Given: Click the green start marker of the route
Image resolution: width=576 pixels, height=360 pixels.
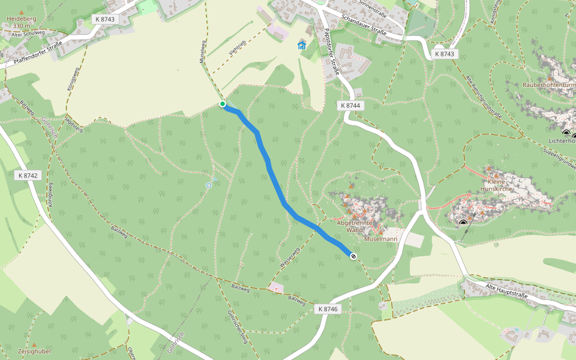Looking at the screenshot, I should point(223,104).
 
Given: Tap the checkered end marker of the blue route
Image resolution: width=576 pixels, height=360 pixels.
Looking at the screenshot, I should point(353,257).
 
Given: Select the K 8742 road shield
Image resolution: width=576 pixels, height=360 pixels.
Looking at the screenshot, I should point(28,176).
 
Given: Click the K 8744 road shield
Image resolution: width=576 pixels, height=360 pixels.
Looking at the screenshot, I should point(351,106).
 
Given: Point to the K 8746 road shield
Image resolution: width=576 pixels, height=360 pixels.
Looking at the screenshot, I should point(328,308).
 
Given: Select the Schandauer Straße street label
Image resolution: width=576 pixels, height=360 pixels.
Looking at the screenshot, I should point(363,25).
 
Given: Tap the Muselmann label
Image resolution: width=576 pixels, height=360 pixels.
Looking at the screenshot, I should point(381,239).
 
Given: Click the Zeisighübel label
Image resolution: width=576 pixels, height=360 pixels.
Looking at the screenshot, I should point(34,351).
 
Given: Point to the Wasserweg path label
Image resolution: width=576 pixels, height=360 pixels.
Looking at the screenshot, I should point(289,257).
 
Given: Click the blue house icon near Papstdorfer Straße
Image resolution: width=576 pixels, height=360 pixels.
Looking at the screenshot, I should point(302,46).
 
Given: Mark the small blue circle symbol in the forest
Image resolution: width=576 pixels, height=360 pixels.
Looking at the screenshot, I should point(209,185).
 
